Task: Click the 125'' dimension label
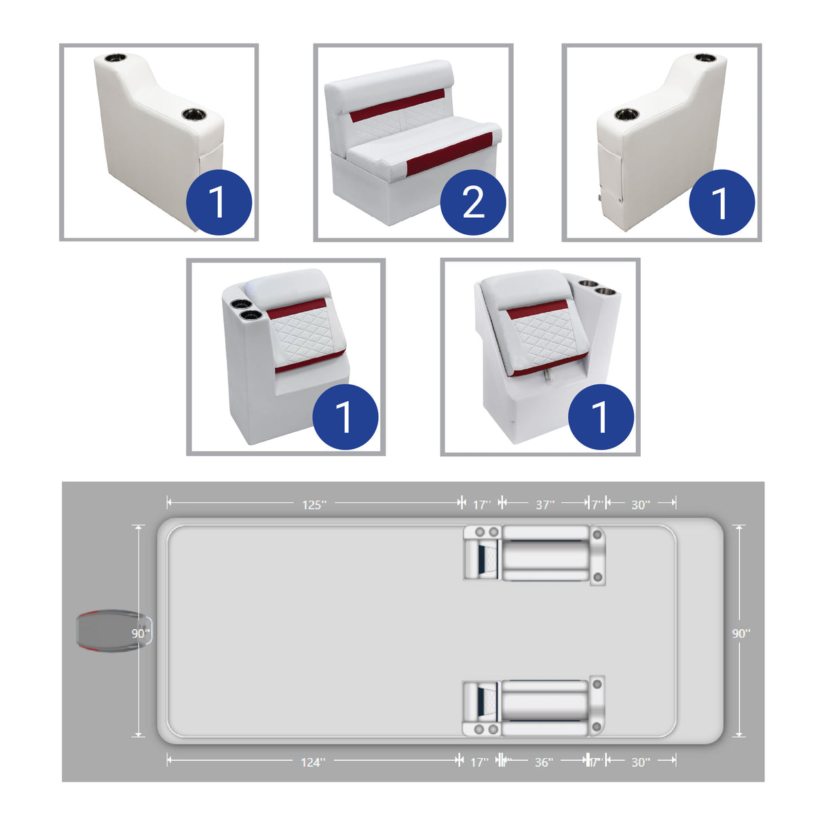pyautogui.click(x=314, y=504)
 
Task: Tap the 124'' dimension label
pyautogui.click(x=313, y=762)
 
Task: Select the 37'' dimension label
pyautogui.click(x=545, y=504)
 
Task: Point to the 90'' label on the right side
pyautogui.click(x=741, y=633)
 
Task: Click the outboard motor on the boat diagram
pyautogui.click(x=109, y=631)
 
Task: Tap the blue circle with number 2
pyautogui.click(x=473, y=202)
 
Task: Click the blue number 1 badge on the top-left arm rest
pyautogui.click(x=219, y=202)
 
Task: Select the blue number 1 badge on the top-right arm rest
pyautogui.click(x=722, y=202)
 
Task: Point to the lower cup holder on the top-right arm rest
pyautogui.click(x=626, y=113)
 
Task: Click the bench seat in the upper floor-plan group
pyautogui.click(x=545, y=554)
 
